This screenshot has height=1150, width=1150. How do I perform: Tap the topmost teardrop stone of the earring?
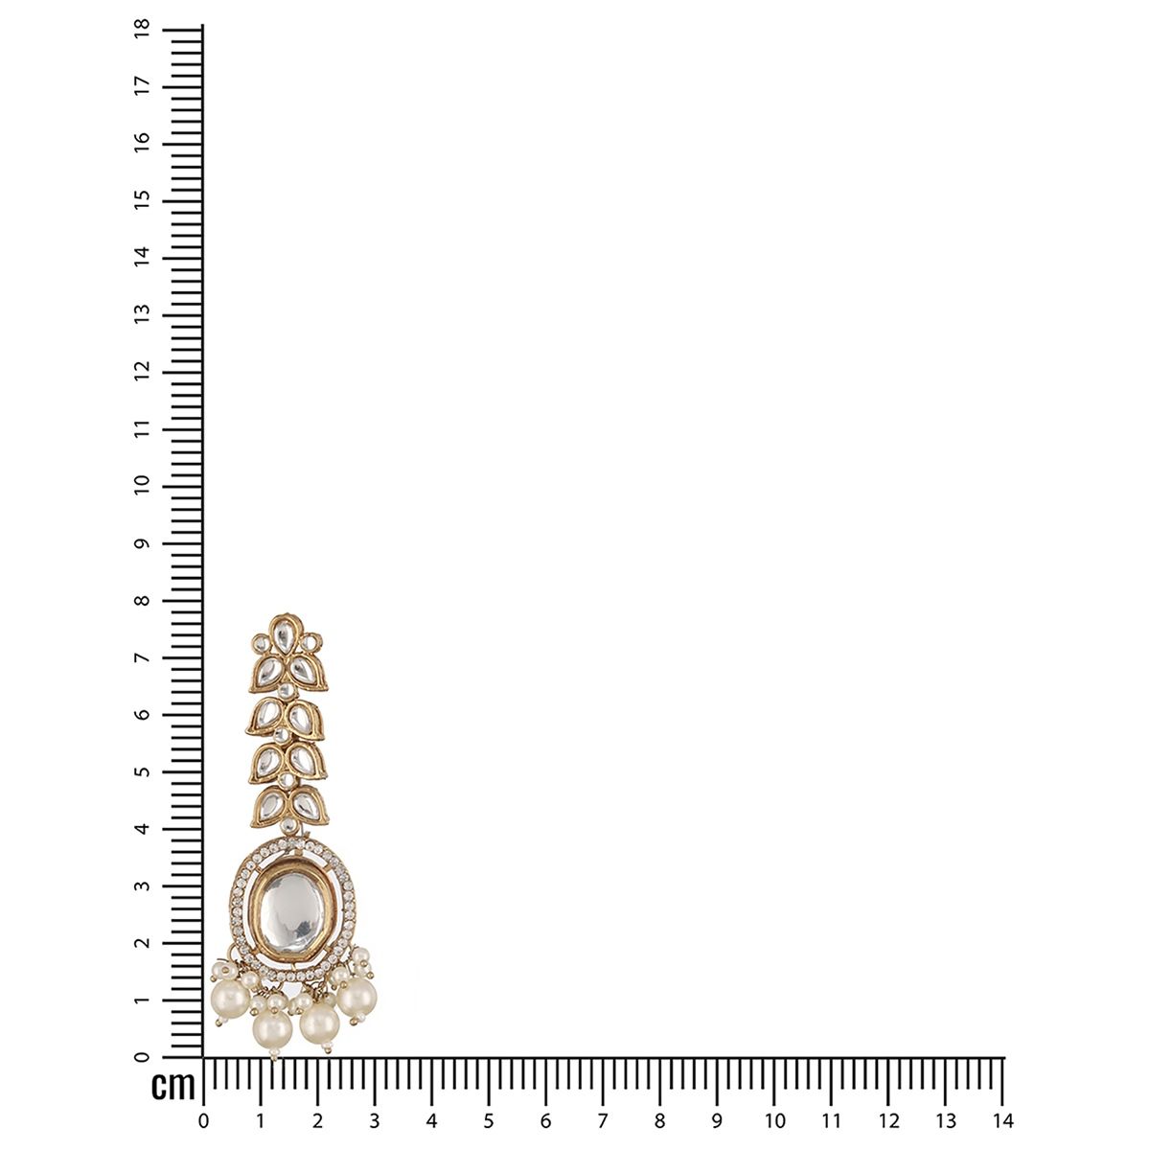point(286,633)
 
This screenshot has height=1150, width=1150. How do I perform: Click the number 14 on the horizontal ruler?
point(1002,1121)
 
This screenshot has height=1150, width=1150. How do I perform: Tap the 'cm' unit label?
point(173,1087)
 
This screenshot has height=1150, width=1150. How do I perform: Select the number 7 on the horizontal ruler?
point(603,1121)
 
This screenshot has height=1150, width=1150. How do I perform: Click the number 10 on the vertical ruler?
point(143,486)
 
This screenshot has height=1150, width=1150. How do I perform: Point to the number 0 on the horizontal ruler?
point(202,1121)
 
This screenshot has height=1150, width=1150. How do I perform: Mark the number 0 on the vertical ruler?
point(143,1057)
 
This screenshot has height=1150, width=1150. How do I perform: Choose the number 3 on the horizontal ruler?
point(374,1121)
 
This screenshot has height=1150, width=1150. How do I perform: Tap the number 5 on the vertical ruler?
point(143,771)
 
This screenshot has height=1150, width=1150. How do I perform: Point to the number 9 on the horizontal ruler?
point(717,1121)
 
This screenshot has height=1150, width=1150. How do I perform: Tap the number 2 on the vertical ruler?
point(143,943)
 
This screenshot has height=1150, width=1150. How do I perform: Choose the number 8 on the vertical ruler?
point(143,600)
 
